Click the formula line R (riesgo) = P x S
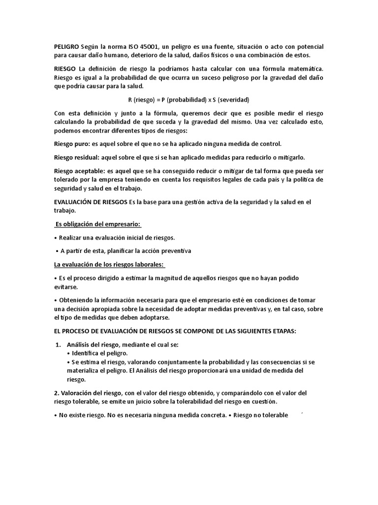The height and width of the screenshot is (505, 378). (189, 100)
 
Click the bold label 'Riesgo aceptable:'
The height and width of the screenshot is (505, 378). (79, 171)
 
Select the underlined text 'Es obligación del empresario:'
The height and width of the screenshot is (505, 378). (97, 224)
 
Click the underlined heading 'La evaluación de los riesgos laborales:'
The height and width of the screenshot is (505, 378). (109, 264)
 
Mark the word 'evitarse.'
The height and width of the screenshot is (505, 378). (65, 287)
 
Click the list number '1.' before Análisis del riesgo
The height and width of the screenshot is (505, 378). (57, 345)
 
